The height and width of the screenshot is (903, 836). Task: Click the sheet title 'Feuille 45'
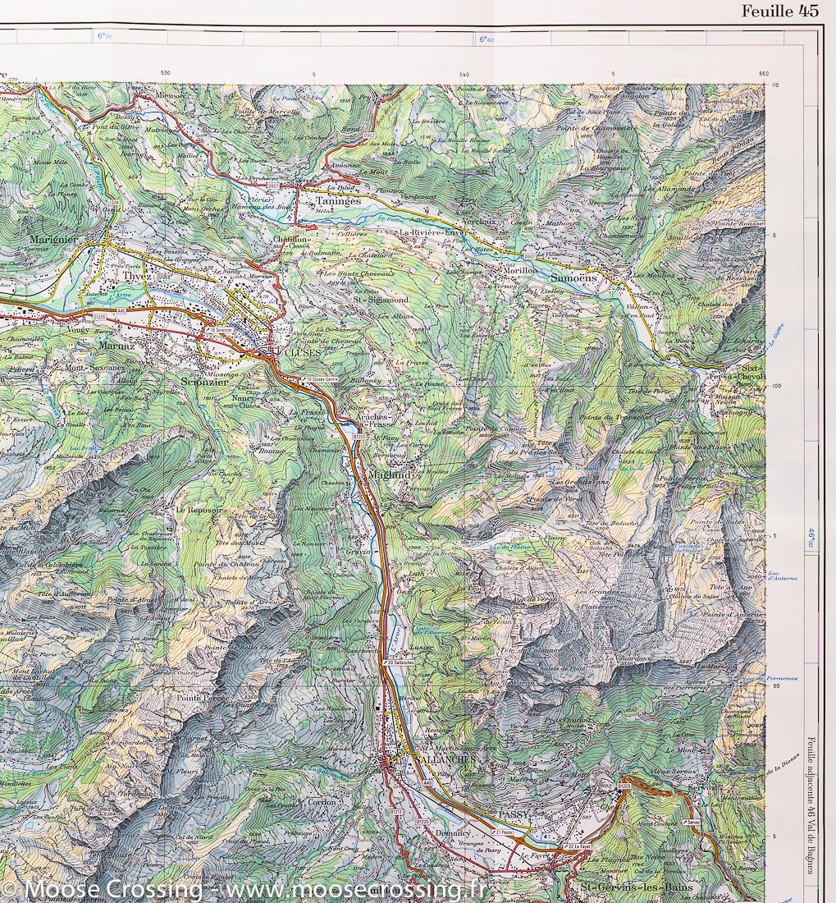779,11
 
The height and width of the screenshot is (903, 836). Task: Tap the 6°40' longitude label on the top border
486,39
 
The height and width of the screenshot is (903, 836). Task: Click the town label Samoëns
578,278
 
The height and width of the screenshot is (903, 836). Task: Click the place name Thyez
135,277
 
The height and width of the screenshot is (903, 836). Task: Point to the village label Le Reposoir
200,510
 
